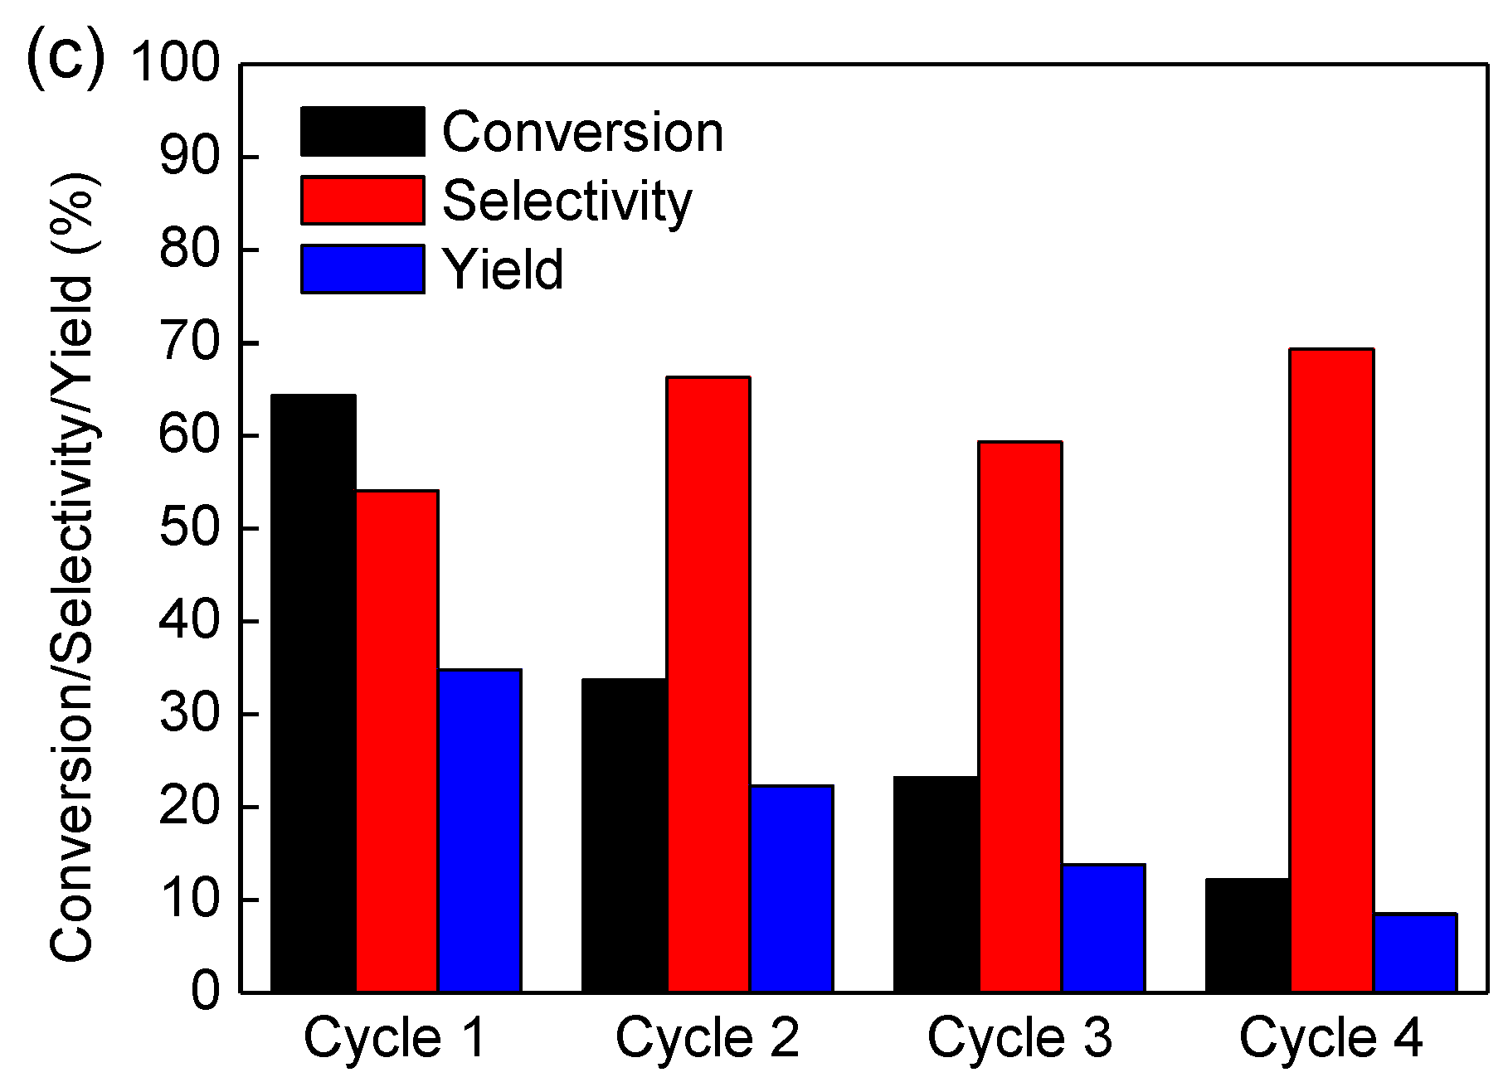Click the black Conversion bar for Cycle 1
coord(314,693)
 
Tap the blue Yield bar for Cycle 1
coord(479,830)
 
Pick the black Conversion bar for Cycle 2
coord(625,835)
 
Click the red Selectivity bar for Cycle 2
coord(708,684)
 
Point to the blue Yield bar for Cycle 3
coord(1102,928)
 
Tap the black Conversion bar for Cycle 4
coord(1248,934)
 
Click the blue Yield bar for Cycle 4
coord(1414,952)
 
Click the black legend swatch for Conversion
coord(362,131)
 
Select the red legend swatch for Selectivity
coord(362,200)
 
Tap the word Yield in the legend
coord(503,269)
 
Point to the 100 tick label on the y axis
coord(175,64)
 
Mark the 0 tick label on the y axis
coord(206,992)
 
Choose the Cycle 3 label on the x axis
coord(1019,1037)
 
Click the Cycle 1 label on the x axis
coord(395,1037)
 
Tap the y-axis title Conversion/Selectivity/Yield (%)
coord(73,568)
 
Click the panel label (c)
coord(66,60)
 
